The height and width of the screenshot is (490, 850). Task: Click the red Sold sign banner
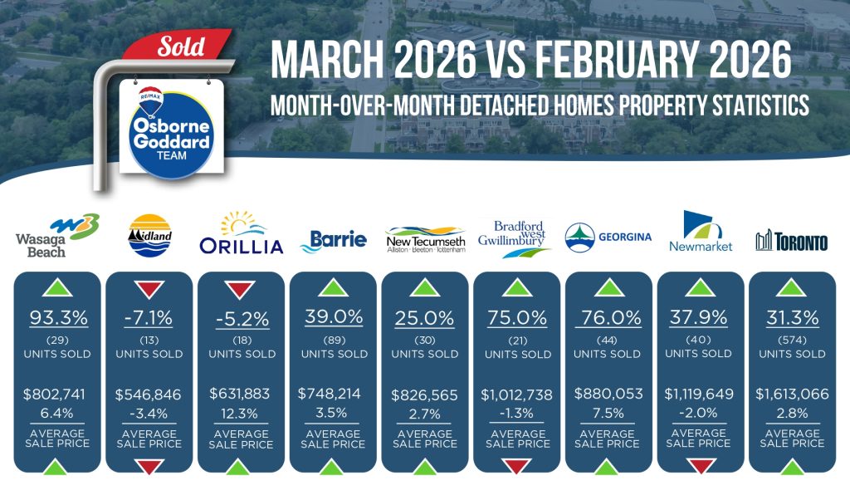(178, 46)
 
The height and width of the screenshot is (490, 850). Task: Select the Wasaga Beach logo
(57, 236)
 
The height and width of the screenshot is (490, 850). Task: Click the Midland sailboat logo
(149, 236)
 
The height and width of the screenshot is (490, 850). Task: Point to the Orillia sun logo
(242, 233)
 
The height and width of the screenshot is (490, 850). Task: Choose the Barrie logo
(334, 241)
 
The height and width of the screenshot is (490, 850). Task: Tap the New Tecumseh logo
(426, 238)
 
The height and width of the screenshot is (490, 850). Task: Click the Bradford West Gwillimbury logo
(513, 238)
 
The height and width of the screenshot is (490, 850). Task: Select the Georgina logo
(608, 238)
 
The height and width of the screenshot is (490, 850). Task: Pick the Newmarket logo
(701, 231)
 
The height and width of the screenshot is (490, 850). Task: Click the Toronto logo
(791, 241)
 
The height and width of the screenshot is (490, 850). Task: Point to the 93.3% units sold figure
(59, 317)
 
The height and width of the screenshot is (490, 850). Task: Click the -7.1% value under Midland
(149, 317)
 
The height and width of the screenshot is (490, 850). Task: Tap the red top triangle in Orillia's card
(240, 290)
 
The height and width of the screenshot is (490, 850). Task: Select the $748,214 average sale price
(329, 394)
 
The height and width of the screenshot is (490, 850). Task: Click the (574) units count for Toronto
(792, 341)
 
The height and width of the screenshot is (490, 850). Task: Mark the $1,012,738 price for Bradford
(516, 394)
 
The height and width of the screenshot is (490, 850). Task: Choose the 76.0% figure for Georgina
(611, 317)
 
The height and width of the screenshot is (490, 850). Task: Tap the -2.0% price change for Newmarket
(698, 413)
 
